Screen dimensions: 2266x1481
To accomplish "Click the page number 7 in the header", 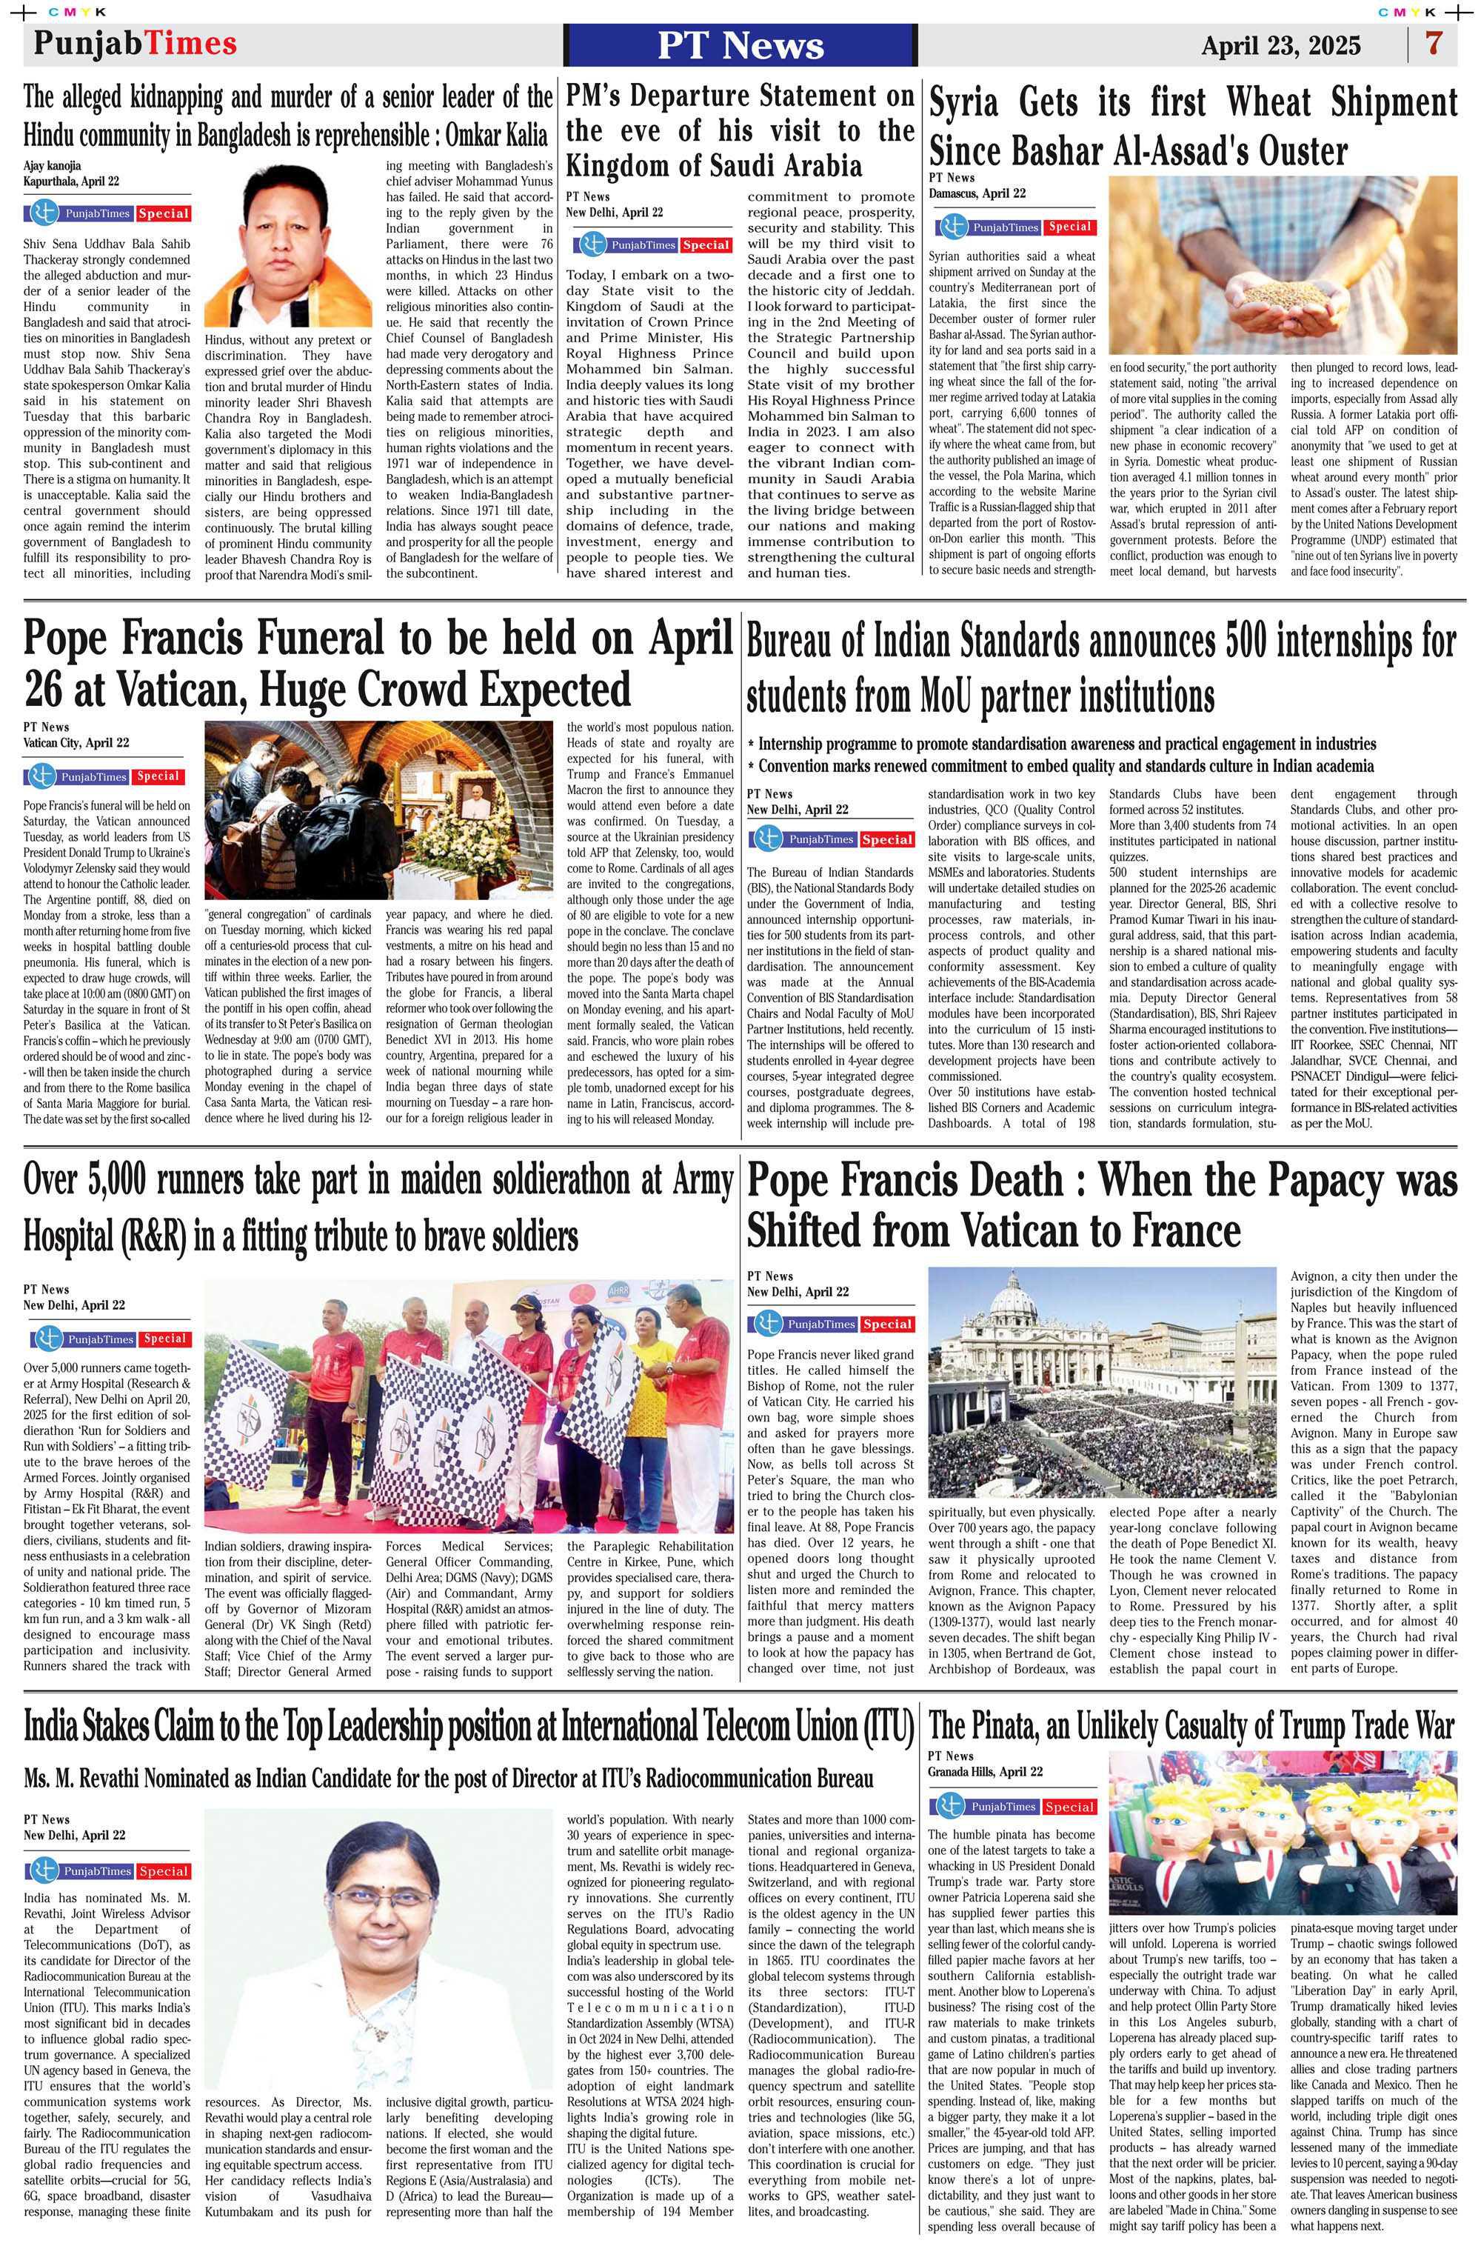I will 1434,44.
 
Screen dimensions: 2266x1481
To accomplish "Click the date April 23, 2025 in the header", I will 1280,46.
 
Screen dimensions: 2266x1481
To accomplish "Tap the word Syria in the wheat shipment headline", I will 965,103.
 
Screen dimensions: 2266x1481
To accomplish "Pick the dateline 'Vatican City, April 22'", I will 76,743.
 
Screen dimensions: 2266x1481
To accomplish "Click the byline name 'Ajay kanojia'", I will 53,164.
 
